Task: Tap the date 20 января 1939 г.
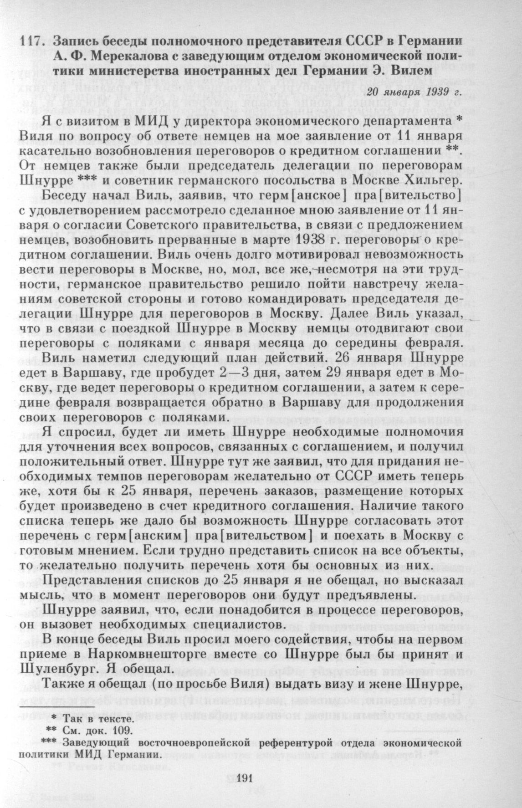click(x=414, y=91)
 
